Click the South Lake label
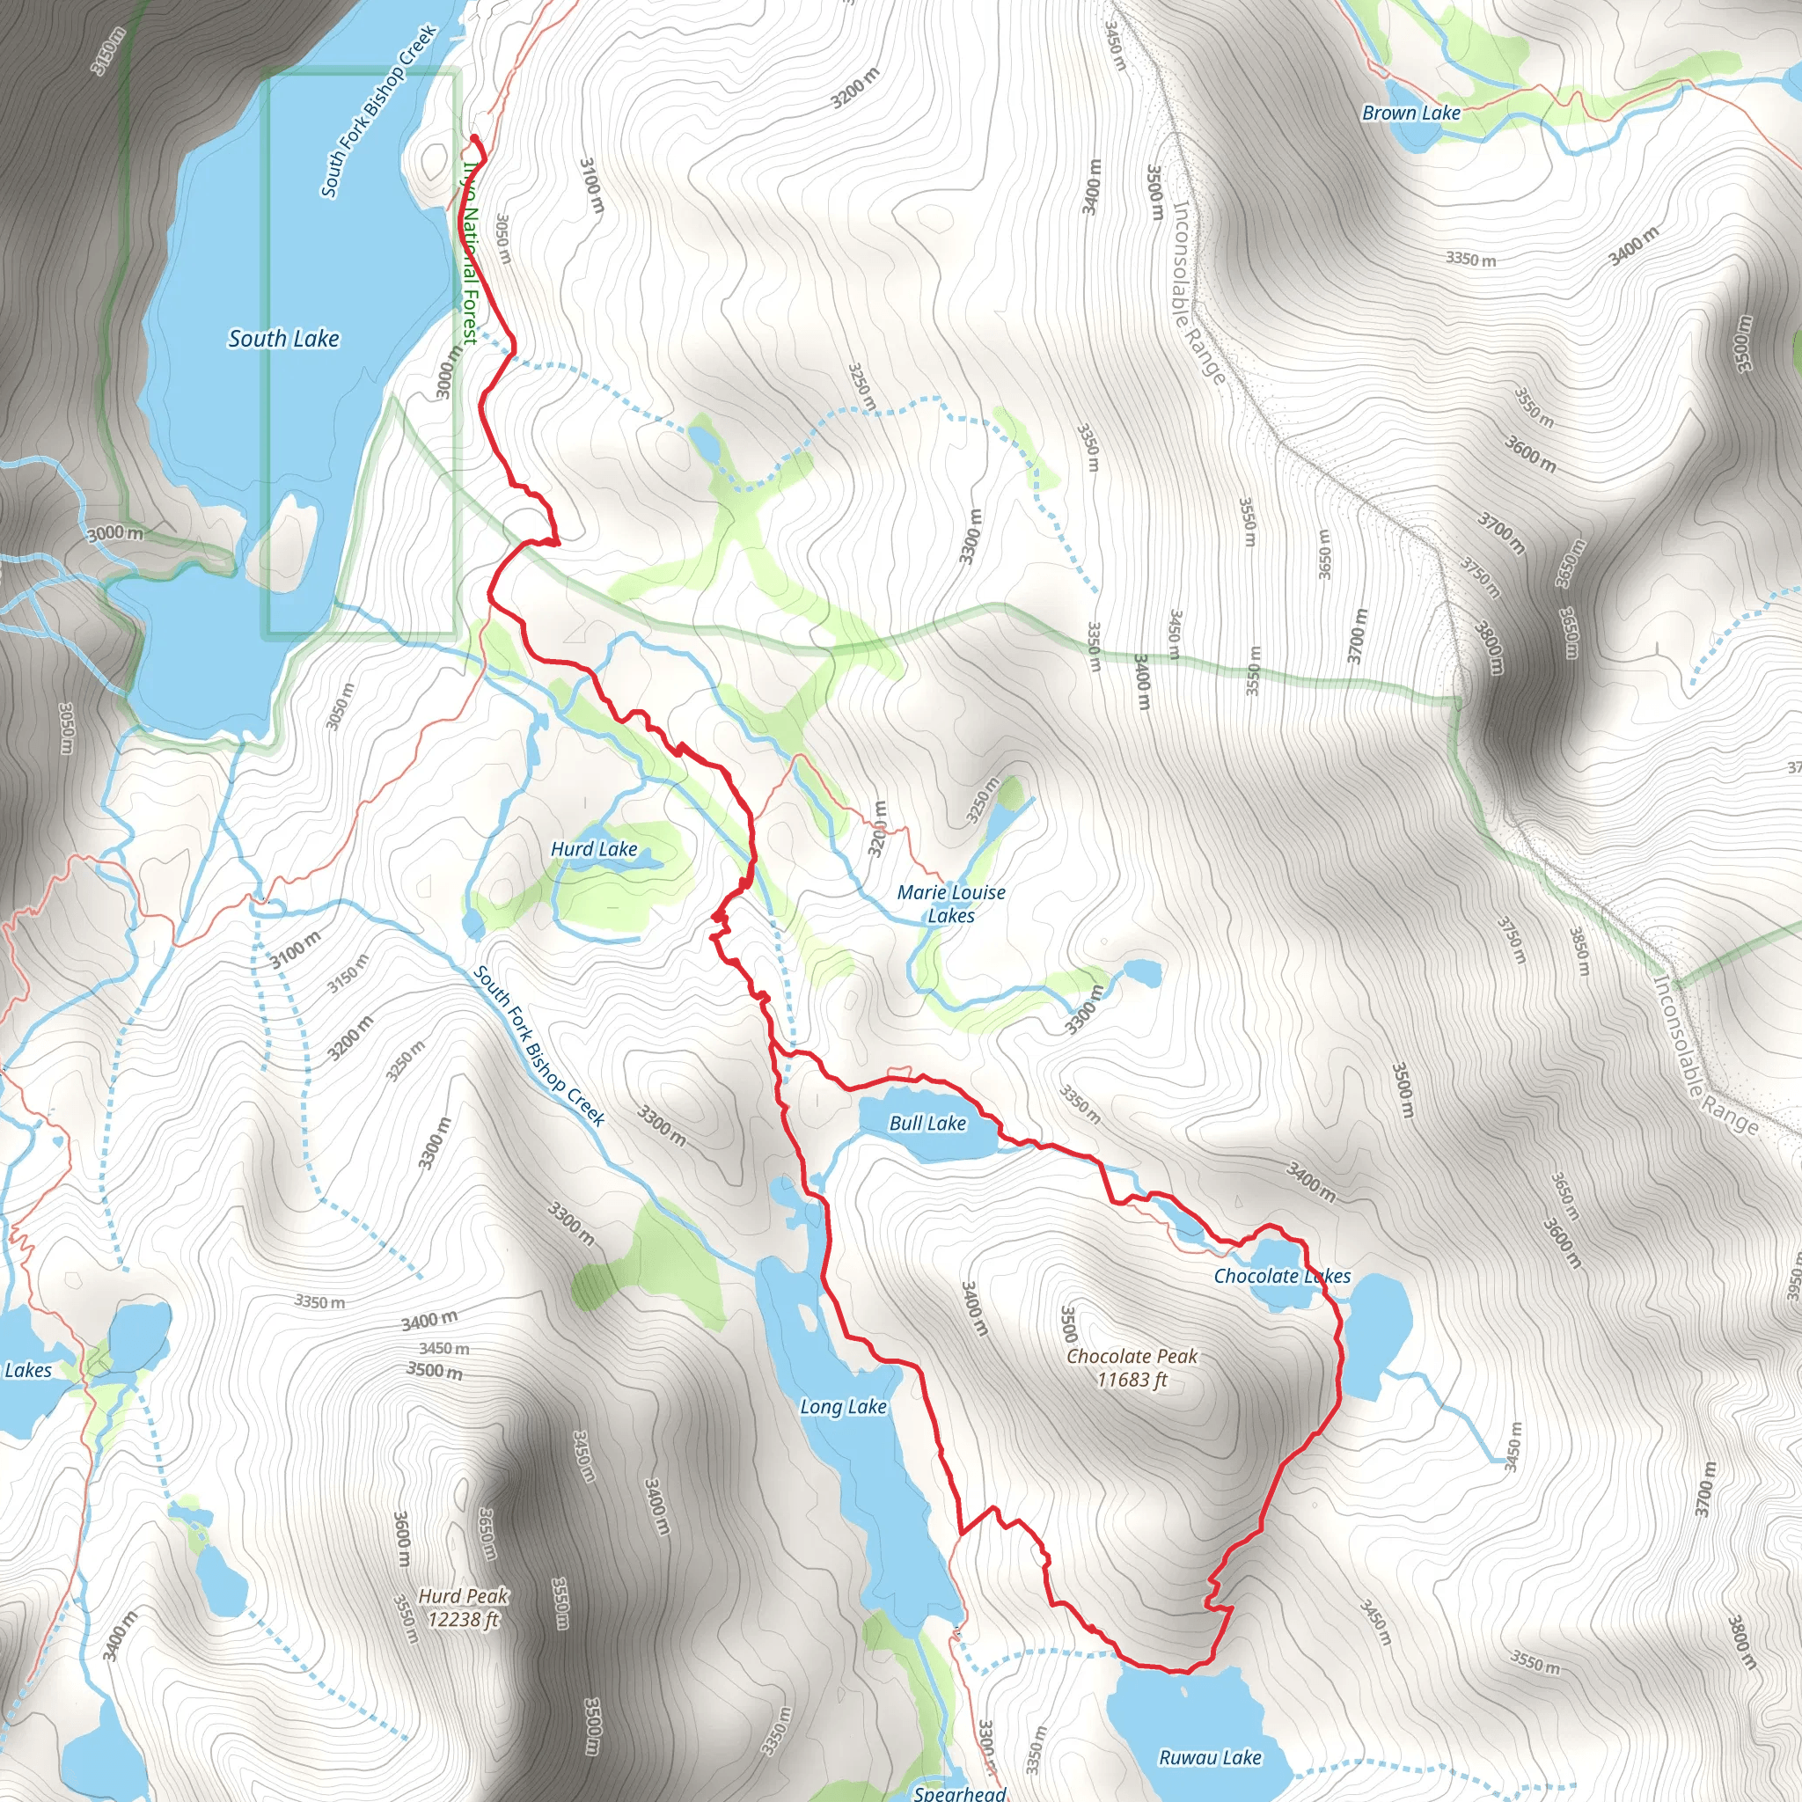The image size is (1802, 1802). pyautogui.click(x=283, y=339)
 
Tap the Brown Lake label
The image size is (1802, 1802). pyautogui.click(x=1411, y=113)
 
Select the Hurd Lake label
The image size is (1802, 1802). pyautogui.click(x=594, y=849)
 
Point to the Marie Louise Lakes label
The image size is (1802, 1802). pyautogui.click(x=951, y=904)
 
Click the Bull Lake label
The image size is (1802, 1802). pyautogui.click(x=927, y=1123)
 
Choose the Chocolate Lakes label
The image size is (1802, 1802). pyautogui.click(x=1281, y=1276)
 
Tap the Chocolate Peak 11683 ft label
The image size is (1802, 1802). pyautogui.click(x=1132, y=1367)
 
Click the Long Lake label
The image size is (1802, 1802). pyautogui.click(x=843, y=1407)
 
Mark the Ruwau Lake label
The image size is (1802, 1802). pyautogui.click(x=1210, y=1757)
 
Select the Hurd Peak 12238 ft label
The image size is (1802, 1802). pyautogui.click(x=464, y=1607)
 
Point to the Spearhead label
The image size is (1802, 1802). pyautogui.click(x=960, y=1792)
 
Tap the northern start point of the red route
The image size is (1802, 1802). pyautogui.click(x=475, y=139)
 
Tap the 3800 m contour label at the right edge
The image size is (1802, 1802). pyautogui.click(x=1740, y=1643)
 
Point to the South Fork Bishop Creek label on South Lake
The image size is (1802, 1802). pyautogui.click(x=378, y=112)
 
